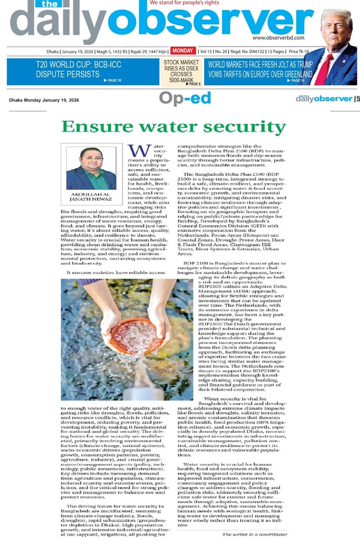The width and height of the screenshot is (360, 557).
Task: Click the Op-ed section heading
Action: coord(184,99)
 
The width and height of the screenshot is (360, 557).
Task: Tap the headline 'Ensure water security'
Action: coord(173,126)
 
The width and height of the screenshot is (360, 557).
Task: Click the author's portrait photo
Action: coord(91,168)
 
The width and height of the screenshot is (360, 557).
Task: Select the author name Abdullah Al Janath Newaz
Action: coord(91,197)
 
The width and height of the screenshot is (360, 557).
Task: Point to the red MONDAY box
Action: coord(183,50)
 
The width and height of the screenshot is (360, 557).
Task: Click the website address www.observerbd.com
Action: coord(278,38)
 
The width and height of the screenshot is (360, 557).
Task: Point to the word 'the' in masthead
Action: coord(45,5)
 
